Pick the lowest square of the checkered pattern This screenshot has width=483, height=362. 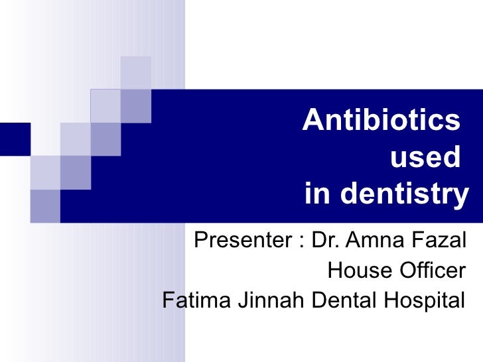(x=44, y=206)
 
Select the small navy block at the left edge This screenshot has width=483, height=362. (x=15, y=139)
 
